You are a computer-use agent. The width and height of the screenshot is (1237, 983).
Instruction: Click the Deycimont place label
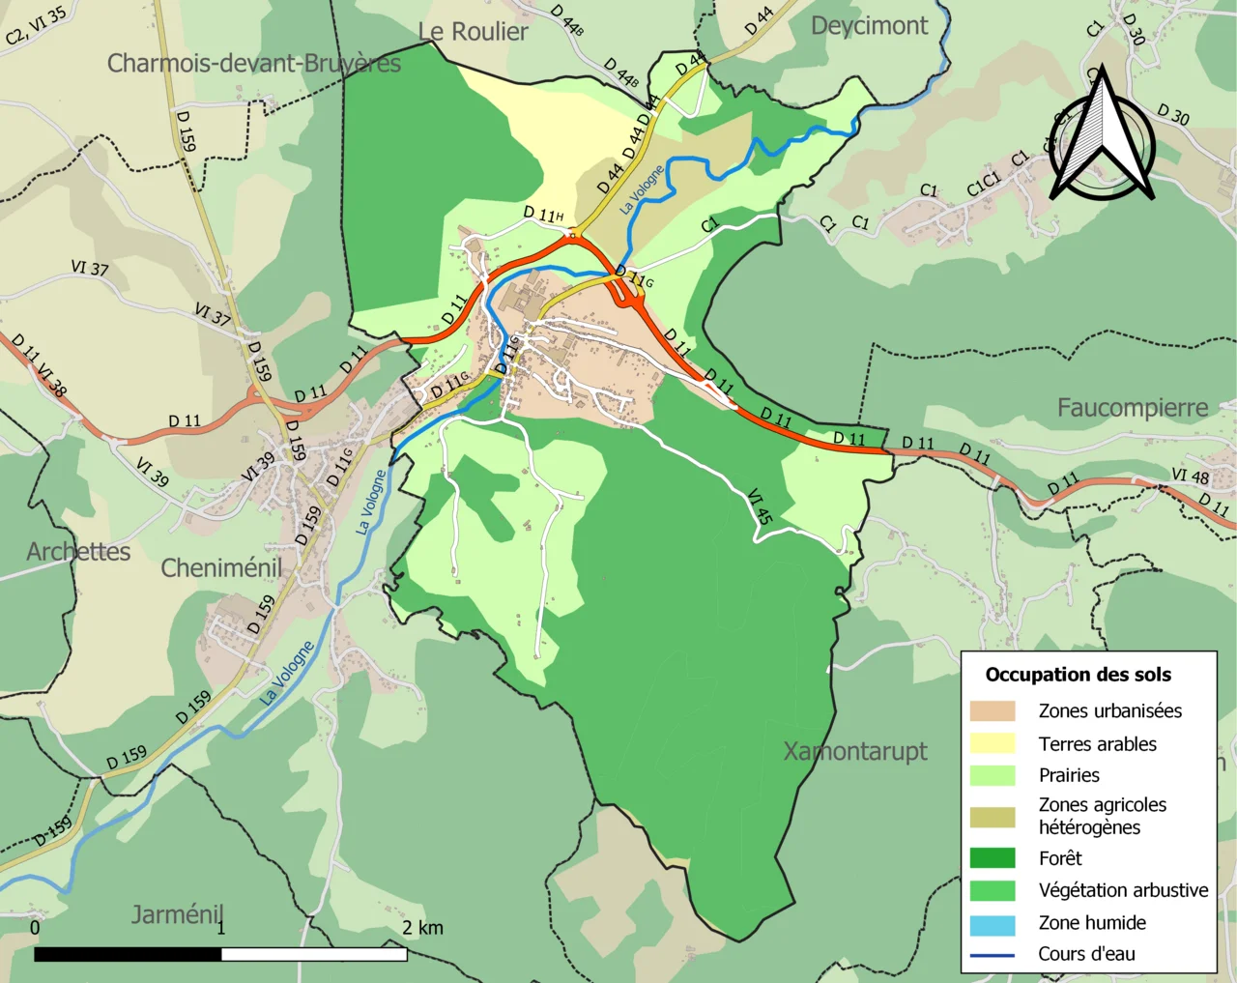(869, 26)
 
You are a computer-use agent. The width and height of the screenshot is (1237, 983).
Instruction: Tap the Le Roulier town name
(473, 32)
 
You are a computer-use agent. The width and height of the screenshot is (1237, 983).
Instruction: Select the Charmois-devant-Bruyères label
(253, 64)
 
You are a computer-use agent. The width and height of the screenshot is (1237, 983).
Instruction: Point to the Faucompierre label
(1132, 408)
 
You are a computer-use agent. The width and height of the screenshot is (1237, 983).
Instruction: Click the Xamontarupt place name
(854, 751)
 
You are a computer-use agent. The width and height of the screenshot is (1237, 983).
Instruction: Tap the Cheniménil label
(221, 567)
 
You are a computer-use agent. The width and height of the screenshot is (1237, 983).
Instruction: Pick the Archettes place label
(78, 552)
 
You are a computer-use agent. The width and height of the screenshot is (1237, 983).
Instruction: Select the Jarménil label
(177, 913)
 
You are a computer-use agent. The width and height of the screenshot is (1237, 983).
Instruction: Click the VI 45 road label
(760, 506)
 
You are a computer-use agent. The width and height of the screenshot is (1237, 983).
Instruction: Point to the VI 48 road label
(1190, 476)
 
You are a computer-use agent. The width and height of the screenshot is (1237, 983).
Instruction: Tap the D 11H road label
(543, 214)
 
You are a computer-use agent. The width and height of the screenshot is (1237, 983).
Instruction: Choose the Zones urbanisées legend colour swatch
(992, 711)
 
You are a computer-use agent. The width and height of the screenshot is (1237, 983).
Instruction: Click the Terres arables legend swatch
(992, 743)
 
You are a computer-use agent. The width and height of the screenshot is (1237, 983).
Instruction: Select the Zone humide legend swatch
(992, 924)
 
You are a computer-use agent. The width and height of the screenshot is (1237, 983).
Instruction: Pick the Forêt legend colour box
(992, 858)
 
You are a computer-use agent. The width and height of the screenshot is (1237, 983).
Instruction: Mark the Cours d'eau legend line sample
(992, 955)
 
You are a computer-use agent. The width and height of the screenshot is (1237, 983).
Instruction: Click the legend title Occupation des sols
(1078, 675)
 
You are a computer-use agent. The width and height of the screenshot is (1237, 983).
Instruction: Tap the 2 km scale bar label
(422, 928)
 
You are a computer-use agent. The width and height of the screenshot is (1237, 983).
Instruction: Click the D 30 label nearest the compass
(1172, 115)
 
